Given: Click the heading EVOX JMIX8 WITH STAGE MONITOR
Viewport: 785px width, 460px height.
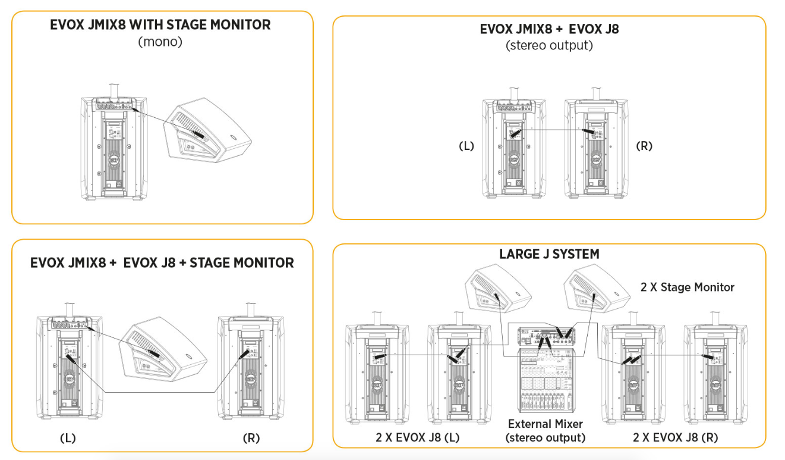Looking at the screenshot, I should pos(160,25).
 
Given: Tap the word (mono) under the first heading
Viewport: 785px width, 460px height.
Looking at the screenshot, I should pos(160,42).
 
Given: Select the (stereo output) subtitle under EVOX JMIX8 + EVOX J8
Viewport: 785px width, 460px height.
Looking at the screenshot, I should pos(549,45).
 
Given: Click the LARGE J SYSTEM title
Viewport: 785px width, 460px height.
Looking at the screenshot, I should pos(549,254).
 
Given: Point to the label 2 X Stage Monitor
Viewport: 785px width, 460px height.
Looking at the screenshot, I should pos(688,287).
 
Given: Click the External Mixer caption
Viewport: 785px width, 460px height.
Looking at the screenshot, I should pos(546,424).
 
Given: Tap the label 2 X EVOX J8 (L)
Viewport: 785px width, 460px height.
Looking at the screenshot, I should pos(418,438).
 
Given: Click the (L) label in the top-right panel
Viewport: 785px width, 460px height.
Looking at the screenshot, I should pos(466,146).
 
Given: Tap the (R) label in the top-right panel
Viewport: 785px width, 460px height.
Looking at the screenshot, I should pos(644,146).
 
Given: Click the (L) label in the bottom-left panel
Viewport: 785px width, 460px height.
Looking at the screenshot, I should pos(68,439).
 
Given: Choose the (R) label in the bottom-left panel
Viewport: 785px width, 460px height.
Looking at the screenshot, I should pos(251,439).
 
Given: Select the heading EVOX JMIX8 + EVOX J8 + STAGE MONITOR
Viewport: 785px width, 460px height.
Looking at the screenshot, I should pos(162,262).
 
